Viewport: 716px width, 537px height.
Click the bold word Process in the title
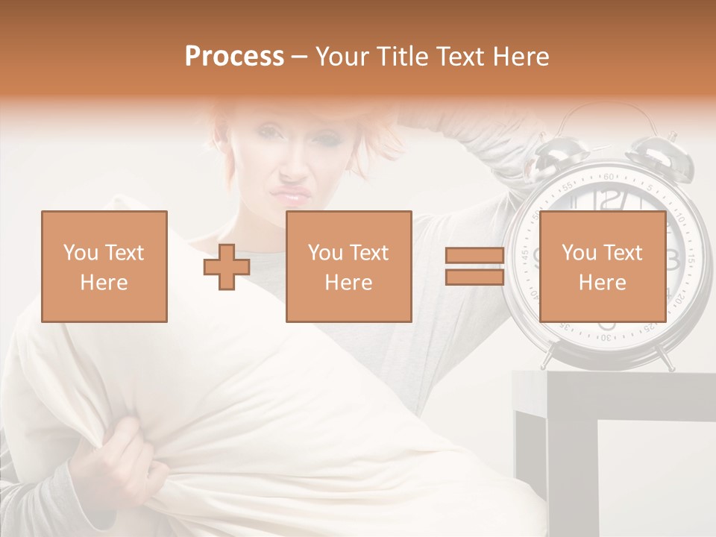[234, 57]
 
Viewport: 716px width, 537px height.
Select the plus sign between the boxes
[227, 267]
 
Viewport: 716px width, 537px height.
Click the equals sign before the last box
[475, 267]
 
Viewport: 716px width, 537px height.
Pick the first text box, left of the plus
[104, 267]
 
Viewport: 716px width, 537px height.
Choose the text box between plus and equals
[349, 267]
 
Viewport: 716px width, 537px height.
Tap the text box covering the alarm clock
[603, 267]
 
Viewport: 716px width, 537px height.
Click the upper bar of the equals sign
[475, 256]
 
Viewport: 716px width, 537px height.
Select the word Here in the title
[521, 57]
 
